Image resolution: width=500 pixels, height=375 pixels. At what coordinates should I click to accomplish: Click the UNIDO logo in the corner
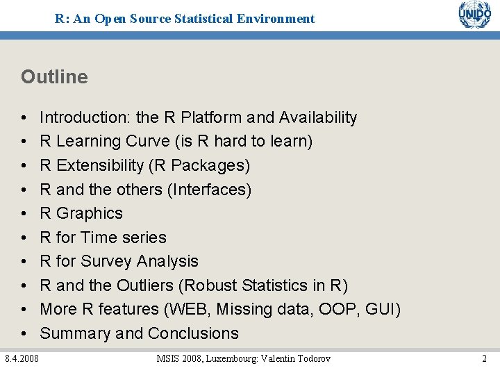[474, 15]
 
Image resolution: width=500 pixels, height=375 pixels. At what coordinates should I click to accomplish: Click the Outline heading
[54, 76]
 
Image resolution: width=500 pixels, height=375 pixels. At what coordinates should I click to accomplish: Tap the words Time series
[124, 237]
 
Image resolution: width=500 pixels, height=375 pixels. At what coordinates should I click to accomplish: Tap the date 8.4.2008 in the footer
[22, 358]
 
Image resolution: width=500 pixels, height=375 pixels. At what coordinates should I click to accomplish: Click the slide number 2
[484, 358]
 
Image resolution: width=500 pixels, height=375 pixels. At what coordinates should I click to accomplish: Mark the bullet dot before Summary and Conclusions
[24, 333]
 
